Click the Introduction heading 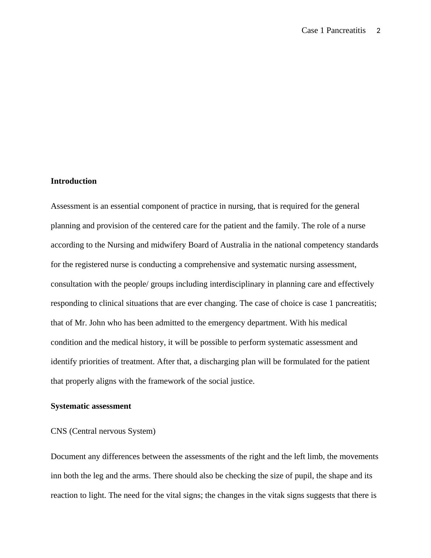74,181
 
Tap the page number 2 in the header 378,31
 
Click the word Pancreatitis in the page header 346,30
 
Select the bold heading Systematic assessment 91,406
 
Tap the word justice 242,381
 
